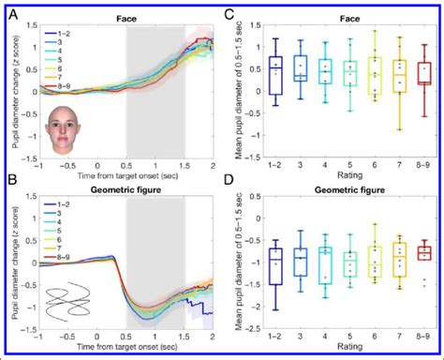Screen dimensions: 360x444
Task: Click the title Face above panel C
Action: [339, 16]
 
